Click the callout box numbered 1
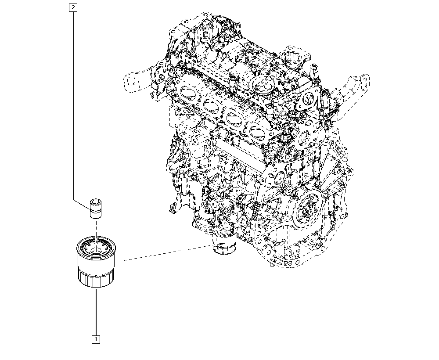[96, 339]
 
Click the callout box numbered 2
[73, 7]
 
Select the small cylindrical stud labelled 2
[96, 209]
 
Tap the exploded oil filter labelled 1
[96, 262]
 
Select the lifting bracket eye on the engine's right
[364, 83]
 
